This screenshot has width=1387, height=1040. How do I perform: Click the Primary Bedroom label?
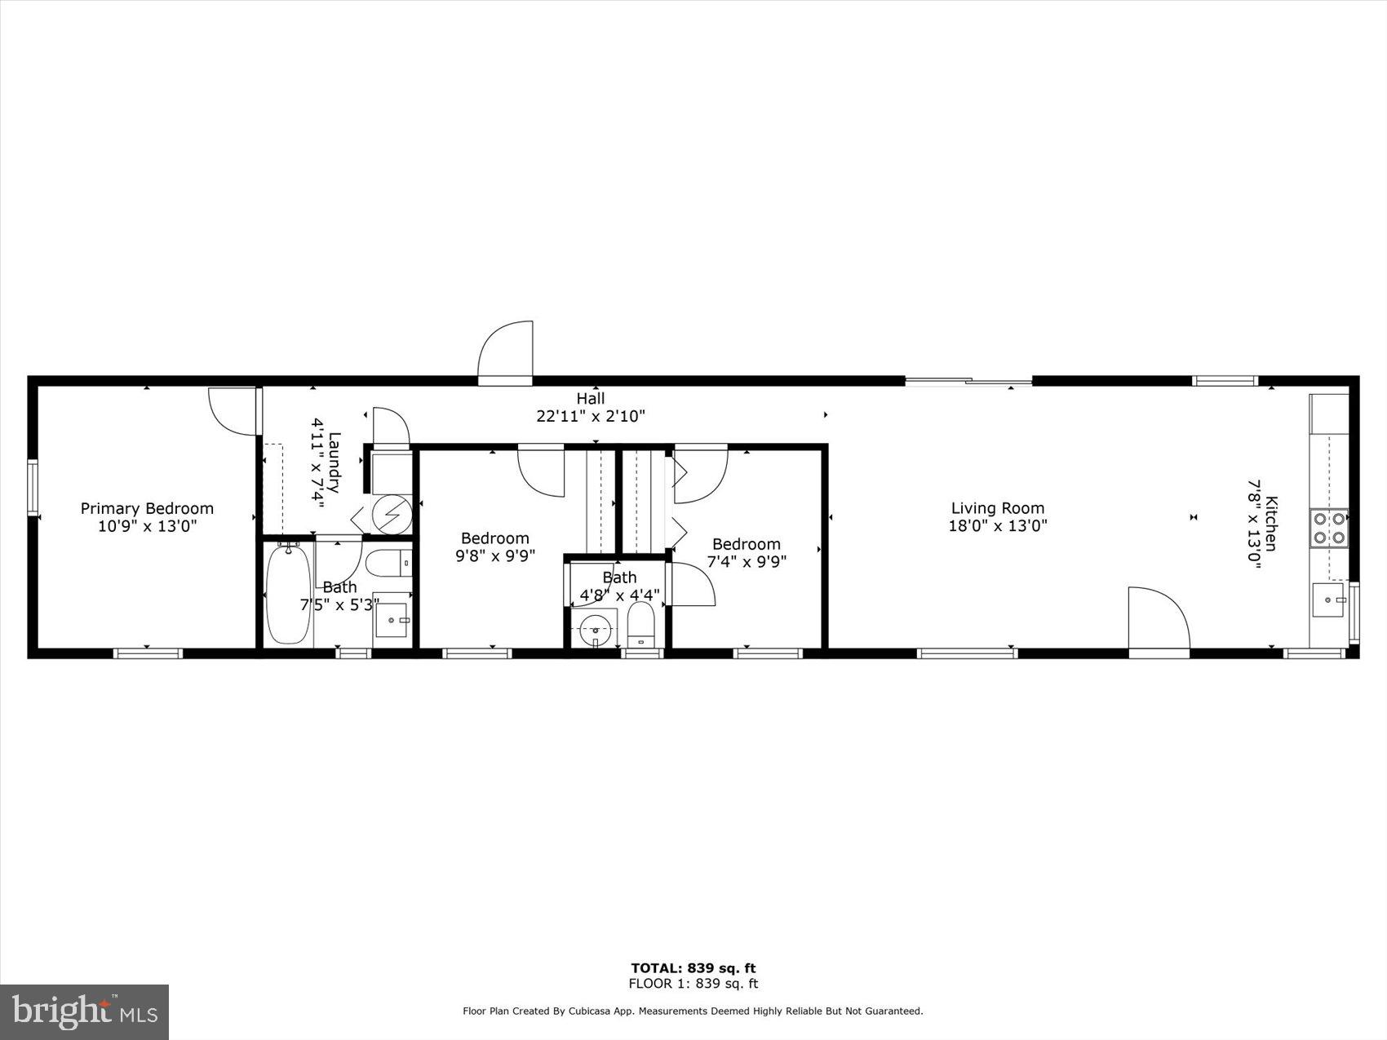pos(147,508)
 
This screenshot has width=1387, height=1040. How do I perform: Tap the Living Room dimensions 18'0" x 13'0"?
pos(997,526)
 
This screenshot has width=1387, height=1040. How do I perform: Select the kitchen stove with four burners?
pos(1328,527)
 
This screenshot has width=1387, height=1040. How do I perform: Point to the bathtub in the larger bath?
pos(288,593)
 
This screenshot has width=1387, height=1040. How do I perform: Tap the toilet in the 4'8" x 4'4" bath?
pos(641,626)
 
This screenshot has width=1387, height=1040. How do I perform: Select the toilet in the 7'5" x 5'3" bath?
pos(388,563)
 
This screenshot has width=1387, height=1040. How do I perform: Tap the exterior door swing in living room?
pos(1157,618)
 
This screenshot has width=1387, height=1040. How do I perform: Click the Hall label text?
pos(591,398)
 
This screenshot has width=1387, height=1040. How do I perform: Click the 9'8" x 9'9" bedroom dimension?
pos(494,555)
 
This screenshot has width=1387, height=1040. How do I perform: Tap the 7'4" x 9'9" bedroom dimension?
pos(746,561)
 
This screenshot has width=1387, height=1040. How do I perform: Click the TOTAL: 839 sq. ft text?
pos(693,968)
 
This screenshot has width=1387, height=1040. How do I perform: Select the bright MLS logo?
pos(84,1011)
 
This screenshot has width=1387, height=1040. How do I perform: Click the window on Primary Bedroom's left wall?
pos(33,487)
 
